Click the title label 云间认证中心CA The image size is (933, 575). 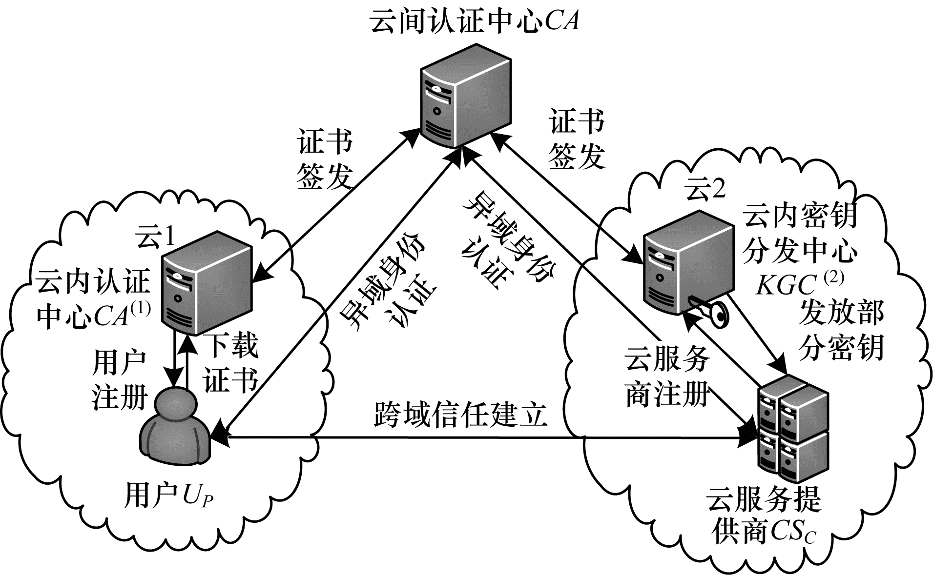[475, 22]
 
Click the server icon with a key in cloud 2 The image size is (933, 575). [687, 266]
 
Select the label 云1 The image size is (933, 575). [155, 238]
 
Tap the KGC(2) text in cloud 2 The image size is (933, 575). [799, 285]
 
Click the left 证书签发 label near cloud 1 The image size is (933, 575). [325, 159]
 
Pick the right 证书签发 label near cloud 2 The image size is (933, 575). [577, 139]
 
